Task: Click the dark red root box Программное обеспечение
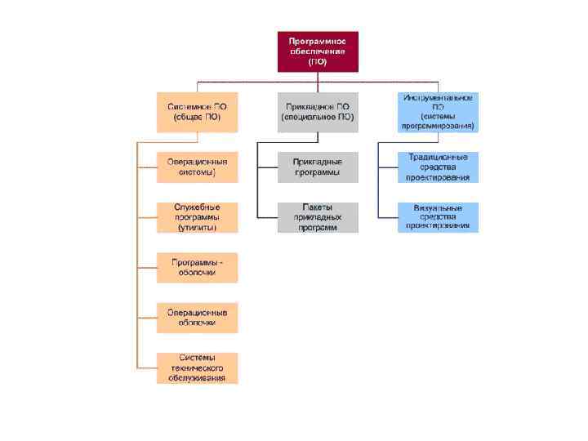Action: (317, 51)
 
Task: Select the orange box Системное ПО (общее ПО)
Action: (198, 112)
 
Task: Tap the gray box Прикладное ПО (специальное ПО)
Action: (318, 112)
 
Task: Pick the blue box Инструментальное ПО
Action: (438, 112)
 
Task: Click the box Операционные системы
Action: (198, 167)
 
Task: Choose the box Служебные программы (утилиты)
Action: (198, 217)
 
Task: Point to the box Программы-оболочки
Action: (198, 267)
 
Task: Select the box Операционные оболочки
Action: (198, 317)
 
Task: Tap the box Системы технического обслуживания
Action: (198, 367)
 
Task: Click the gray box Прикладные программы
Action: (318, 167)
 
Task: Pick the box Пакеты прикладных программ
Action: (318, 217)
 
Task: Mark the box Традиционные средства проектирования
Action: (438, 167)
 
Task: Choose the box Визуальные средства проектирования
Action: (438, 216)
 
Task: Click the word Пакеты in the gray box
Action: (318, 207)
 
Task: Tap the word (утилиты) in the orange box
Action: (198, 228)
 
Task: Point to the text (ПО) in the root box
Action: (317, 61)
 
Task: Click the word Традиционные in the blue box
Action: (438, 157)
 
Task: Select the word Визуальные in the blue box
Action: (438, 207)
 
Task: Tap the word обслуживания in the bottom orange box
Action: (198, 378)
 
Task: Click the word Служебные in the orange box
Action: (198, 207)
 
